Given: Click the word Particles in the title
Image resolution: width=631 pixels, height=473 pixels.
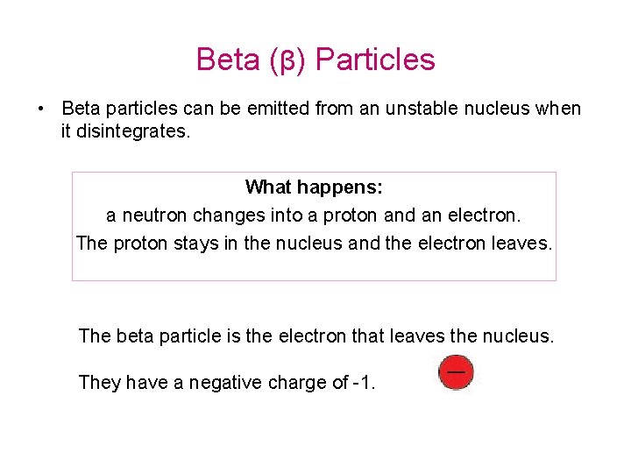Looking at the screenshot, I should point(375,60).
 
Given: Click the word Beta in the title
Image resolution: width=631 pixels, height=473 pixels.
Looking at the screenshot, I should point(227,60).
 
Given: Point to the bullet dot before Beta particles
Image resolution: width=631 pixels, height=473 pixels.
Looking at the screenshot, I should point(41,109).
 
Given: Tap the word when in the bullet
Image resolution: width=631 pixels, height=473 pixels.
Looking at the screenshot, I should point(557,109).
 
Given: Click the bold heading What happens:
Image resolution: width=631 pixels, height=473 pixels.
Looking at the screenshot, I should point(314,187).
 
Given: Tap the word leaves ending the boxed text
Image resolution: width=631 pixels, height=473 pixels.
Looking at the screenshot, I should point(525,243).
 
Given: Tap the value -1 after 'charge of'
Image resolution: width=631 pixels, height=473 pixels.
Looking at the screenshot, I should point(362,382).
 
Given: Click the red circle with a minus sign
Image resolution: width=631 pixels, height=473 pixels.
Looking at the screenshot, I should point(455,372).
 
